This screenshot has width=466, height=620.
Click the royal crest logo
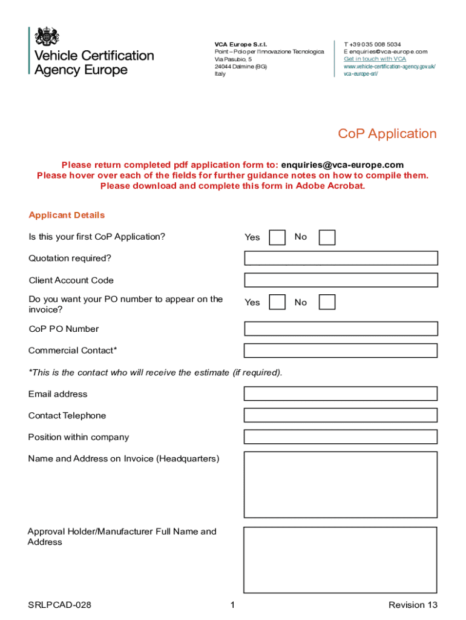(47, 37)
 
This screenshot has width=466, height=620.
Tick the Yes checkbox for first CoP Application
(277, 237)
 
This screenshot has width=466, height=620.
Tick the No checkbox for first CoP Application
(327, 237)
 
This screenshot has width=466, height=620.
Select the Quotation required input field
(341, 259)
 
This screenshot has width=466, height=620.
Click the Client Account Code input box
(341, 280)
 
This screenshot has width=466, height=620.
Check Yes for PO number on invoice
(277, 302)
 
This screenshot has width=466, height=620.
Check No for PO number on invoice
(327, 302)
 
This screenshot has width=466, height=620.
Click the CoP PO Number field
(341, 329)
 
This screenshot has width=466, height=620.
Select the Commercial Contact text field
(341, 351)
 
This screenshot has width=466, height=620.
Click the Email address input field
(341, 394)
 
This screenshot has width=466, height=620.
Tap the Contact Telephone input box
(341, 415)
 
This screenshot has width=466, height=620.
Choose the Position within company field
(341, 437)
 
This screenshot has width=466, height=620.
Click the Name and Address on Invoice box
(341, 484)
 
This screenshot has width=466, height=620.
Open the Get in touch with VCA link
(375, 59)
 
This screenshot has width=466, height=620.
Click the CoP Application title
(387, 134)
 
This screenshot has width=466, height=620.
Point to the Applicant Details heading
(67, 216)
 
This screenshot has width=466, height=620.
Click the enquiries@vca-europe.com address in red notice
(343, 165)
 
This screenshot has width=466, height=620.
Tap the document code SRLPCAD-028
(59, 605)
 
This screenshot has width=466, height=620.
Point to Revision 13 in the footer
(413, 605)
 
